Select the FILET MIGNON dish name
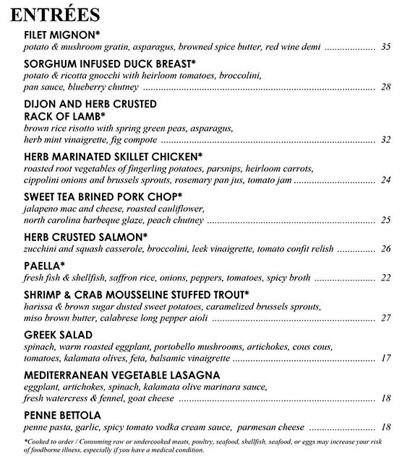pyautogui.click(x=62, y=35)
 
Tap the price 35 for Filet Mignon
pyautogui.click(x=385, y=47)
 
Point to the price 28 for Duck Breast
pyautogui.click(x=385, y=88)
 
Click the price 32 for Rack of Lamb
pyautogui.click(x=385, y=140)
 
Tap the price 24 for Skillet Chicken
pyautogui.click(x=385, y=180)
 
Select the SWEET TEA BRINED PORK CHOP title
pyautogui.click(x=103, y=196)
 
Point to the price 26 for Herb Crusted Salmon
pyautogui.click(x=385, y=250)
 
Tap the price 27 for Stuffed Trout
pyautogui.click(x=385, y=318)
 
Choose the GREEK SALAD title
pyautogui.click(x=58, y=335)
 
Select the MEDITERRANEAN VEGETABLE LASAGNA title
pyautogui.click(x=121, y=375)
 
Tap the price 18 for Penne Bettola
pyautogui.click(x=385, y=428)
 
